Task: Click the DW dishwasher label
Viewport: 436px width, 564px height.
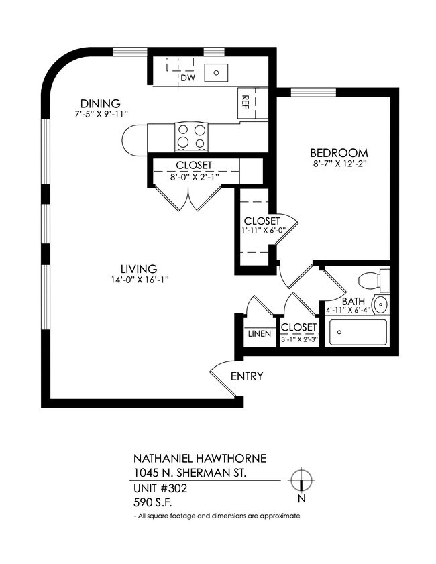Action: (187, 78)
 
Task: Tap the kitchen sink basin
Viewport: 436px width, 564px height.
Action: (217, 70)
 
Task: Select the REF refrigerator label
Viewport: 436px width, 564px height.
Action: (246, 103)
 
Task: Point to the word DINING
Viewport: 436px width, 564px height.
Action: (100, 103)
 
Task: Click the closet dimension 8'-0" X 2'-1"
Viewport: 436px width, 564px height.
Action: (194, 177)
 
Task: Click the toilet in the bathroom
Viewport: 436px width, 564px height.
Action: (372, 279)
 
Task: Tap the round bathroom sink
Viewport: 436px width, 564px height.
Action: (380, 304)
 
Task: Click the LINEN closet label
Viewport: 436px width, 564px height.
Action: (260, 333)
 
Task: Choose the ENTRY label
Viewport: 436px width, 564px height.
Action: (247, 376)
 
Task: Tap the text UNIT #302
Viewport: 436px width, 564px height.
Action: (161, 488)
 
